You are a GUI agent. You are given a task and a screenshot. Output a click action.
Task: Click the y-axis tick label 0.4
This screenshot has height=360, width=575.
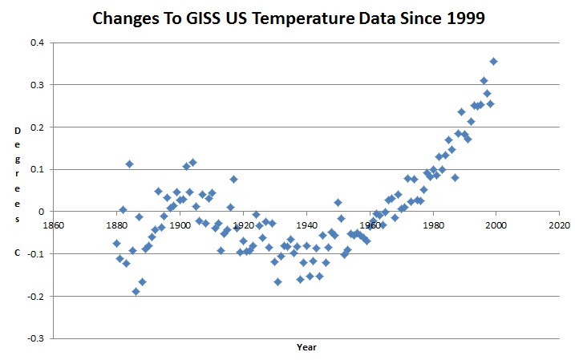(38, 42)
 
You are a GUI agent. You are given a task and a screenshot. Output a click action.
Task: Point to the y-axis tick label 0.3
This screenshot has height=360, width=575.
(38, 85)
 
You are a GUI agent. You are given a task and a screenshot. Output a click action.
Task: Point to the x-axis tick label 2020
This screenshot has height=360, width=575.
(559, 224)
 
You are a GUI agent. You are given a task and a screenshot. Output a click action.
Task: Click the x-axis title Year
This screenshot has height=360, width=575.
(306, 348)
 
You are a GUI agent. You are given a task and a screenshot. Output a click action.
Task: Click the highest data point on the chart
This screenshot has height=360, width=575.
(494, 61)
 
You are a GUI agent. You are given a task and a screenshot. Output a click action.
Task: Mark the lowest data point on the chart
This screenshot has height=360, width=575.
(136, 291)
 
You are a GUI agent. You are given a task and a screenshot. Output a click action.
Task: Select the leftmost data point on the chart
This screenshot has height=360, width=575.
(116, 243)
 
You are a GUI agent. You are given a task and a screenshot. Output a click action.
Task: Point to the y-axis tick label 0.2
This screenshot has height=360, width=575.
(38, 127)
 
